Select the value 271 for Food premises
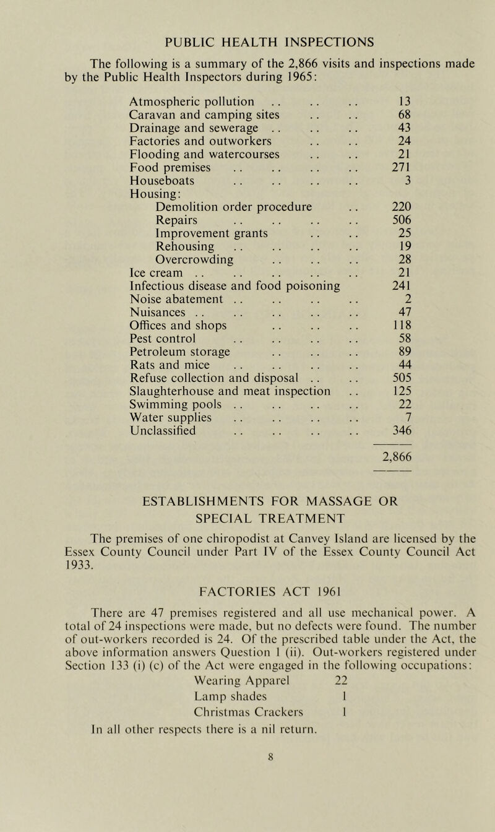pyautogui.click(x=403, y=167)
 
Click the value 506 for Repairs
pyautogui.click(x=403, y=220)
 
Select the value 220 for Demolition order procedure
pyautogui.click(x=403, y=207)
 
